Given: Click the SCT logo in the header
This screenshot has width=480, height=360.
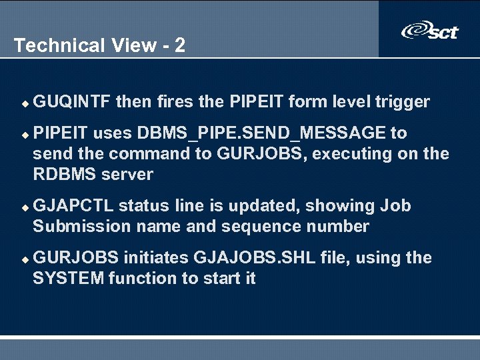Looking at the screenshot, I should coord(430,31).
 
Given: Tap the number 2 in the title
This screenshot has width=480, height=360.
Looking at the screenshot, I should coord(179,45).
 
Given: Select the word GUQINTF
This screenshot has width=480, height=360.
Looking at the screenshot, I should coord(71,102).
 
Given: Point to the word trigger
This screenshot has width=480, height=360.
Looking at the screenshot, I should coord(402,102).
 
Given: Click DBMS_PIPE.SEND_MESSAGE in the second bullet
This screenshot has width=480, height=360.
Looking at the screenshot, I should coord(261,133).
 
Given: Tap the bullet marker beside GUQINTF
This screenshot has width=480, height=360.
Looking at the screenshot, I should coord(25,103).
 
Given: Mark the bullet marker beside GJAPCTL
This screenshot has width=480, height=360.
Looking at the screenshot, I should coord(25,207).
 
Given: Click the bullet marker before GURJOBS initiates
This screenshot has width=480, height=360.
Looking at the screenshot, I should coord(25,259).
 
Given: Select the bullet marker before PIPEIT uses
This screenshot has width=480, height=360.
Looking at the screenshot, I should coord(25,134).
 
